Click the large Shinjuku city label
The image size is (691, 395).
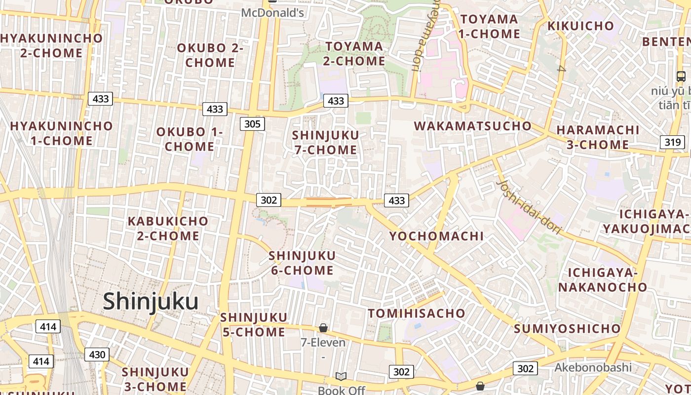[x=151, y=302]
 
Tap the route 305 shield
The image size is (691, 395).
[x=252, y=123]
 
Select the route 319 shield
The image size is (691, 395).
[x=672, y=142]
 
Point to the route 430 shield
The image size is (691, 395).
[x=97, y=355]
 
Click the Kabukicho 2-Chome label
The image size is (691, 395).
[x=168, y=229]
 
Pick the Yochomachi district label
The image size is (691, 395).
[x=436, y=236]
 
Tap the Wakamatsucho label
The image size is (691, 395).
[x=472, y=126]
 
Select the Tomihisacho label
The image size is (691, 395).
[x=417, y=313]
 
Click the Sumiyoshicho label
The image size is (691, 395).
[x=567, y=328]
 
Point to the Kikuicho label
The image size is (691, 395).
[x=581, y=26]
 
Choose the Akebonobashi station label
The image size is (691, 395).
[x=593, y=367]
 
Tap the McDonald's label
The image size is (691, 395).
[x=272, y=12]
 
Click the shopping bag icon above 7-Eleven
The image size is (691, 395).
[x=323, y=328]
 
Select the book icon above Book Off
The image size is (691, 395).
[x=341, y=377]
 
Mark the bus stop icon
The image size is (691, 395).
[x=681, y=77]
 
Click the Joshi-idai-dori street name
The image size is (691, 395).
[x=529, y=206]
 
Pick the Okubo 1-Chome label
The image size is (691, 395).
[x=190, y=139]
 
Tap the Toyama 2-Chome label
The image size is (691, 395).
[x=354, y=54]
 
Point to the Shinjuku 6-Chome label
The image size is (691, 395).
[x=302, y=263]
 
